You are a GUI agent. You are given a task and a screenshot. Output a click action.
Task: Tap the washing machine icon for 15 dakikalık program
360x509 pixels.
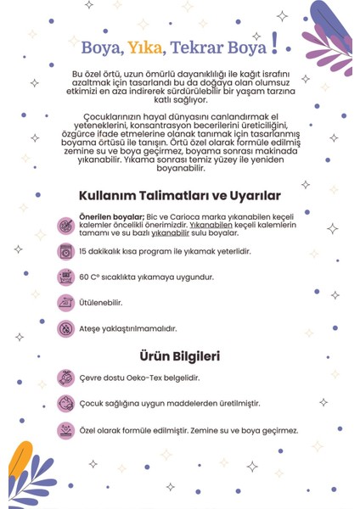[x=65, y=251]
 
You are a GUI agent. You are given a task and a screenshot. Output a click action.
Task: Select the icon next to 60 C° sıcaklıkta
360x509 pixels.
[x=65, y=277]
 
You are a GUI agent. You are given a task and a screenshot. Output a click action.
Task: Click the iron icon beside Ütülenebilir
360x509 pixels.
[x=65, y=302]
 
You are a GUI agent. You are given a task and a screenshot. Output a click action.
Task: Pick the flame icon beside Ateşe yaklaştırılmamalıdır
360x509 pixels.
[x=65, y=327]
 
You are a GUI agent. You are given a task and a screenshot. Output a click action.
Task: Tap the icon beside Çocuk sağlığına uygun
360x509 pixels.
[x=65, y=404]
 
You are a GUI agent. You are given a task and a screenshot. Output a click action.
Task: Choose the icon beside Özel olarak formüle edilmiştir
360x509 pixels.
[x=65, y=430]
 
